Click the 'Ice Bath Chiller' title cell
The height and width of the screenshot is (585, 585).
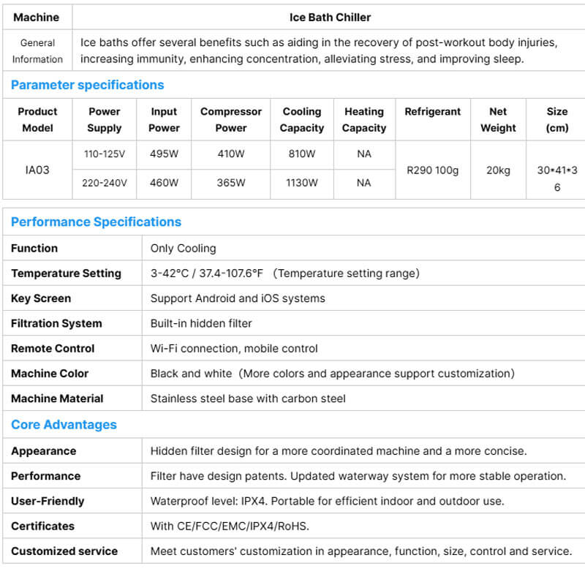click(x=330, y=17)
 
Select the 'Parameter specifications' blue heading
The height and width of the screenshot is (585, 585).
click(x=87, y=85)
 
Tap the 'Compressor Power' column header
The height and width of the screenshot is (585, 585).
click(x=231, y=120)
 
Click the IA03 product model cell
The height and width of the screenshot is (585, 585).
click(x=37, y=170)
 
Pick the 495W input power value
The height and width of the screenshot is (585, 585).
click(x=164, y=154)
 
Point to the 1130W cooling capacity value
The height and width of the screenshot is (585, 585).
click(x=301, y=183)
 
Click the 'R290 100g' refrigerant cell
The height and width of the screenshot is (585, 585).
click(x=433, y=170)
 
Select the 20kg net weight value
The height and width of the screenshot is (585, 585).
click(x=498, y=170)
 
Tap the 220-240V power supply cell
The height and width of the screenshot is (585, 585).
click(x=105, y=183)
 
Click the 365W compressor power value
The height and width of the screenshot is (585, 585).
click(x=231, y=183)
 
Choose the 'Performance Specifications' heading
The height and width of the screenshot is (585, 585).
click(x=96, y=222)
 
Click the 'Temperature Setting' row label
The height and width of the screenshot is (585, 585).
click(x=66, y=273)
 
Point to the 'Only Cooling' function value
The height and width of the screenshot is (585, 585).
click(x=183, y=249)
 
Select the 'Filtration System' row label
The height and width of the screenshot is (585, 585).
click(x=56, y=323)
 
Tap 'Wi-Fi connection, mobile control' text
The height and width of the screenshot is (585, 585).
click(x=234, y=349)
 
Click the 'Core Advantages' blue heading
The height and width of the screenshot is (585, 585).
click(x=64, y=425)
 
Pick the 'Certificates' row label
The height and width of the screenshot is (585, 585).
click(x=42, y=526)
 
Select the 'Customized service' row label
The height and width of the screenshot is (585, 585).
click(x=64, y=551)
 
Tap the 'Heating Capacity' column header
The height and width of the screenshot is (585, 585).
click(x=364, y=120)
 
